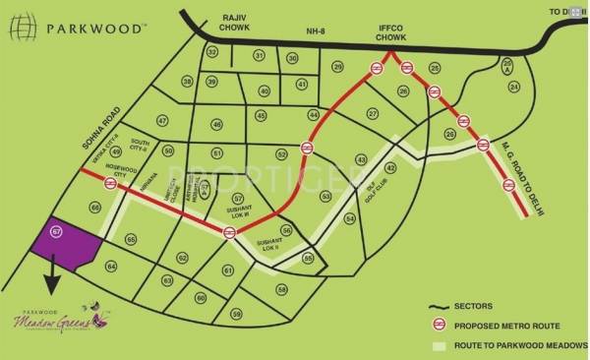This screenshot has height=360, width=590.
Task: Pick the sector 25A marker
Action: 506,67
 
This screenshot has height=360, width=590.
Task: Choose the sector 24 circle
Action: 513,87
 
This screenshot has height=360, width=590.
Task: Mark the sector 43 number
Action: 361,159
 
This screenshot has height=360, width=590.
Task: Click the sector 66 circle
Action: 95,207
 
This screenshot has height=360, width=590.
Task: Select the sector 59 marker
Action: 236,313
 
